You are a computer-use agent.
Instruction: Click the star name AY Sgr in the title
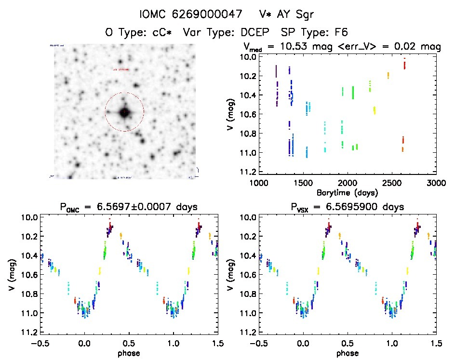(296, 15)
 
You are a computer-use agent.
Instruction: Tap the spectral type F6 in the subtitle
(342, 32)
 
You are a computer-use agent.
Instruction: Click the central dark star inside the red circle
(125, 112)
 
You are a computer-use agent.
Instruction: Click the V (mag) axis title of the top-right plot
(232, 114)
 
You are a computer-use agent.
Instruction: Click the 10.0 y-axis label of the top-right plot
(246, 57)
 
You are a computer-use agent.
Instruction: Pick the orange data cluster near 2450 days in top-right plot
(388, 75)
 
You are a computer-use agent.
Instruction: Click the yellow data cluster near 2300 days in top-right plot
(374, 110)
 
